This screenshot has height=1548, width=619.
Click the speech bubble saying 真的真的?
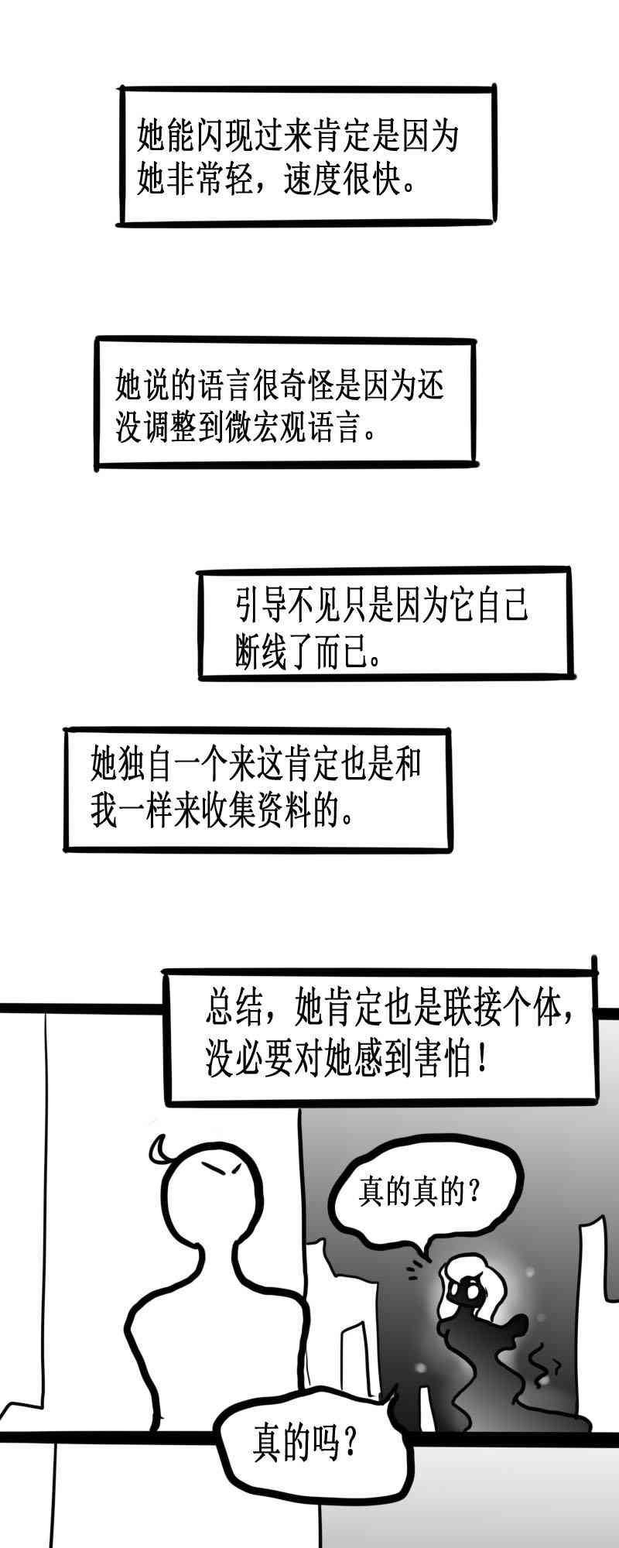point(418,1191)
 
